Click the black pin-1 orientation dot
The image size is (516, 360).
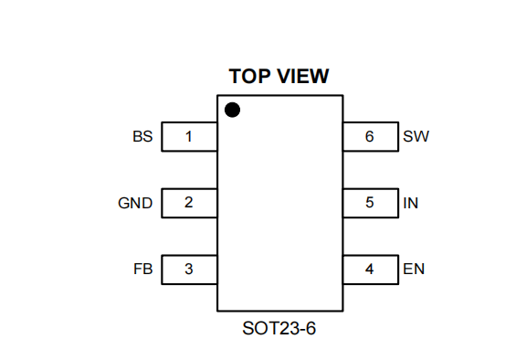(232, 110)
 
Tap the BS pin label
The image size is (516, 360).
(142, 136)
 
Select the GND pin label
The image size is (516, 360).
(135, 203)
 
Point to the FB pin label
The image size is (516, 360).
(143, 269)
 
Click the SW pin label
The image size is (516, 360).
(416, 136)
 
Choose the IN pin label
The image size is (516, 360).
(411, 203)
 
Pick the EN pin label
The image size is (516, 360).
(414, 269)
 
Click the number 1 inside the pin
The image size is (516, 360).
(188, 136)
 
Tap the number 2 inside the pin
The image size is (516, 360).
(188, 202)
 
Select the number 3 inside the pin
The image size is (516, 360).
(188, 269)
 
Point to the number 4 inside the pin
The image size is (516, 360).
(369, 269)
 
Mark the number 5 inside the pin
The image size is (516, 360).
(370, 202)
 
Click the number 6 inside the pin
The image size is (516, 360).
(370, 136)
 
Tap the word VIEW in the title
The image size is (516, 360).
(303, 76)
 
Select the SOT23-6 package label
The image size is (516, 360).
(279, 328)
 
